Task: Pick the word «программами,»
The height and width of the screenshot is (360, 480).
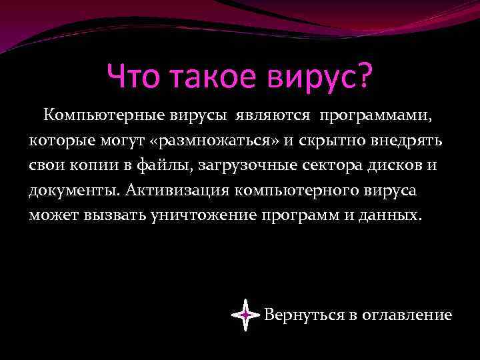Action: (x=375, y=117)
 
